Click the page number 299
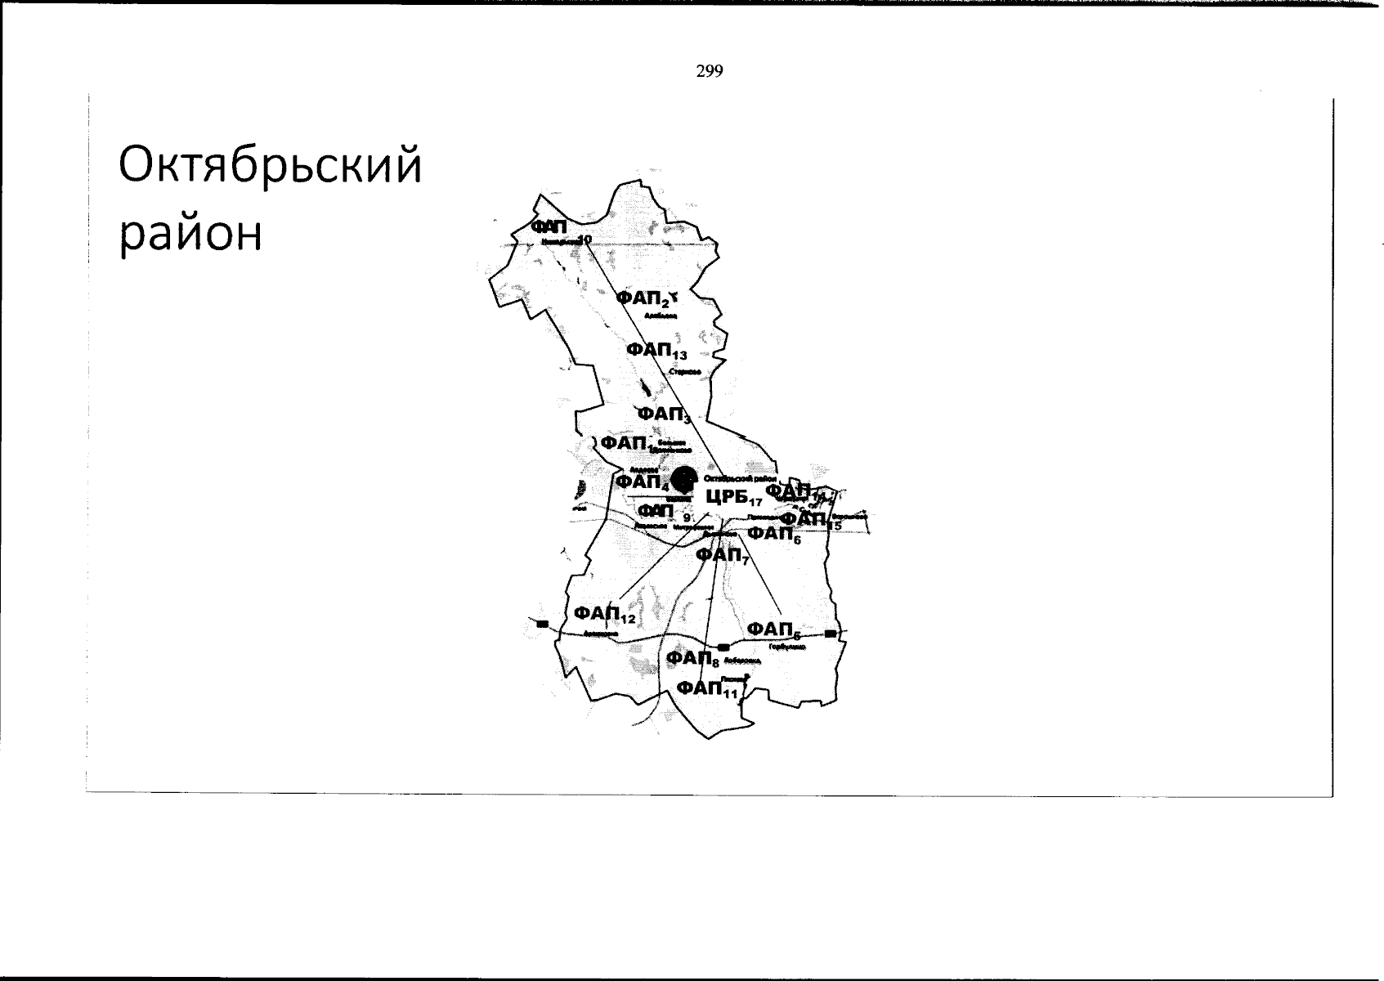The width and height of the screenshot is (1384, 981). pyautogui.click(x=710, y=72)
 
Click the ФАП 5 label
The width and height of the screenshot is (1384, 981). pyautogui.click(x=773, y=629)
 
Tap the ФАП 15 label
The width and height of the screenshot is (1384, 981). pyautogui.click(x=809, y=519)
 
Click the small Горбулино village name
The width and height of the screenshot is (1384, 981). pyautogui.click(x=787, y=646)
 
